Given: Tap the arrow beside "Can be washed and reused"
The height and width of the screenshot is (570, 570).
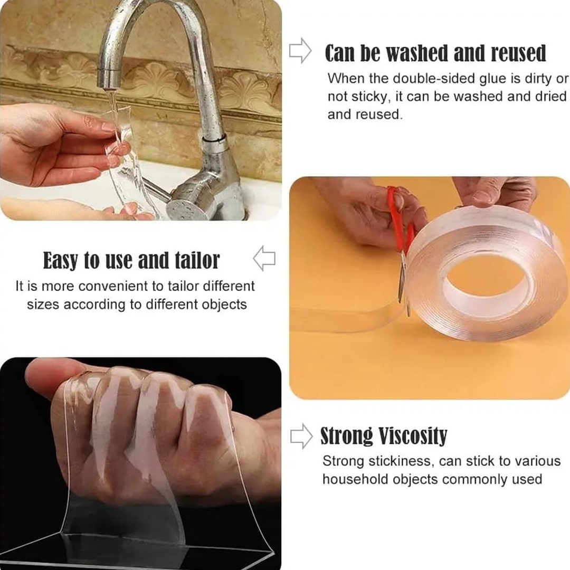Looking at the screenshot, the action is tap(300, 51).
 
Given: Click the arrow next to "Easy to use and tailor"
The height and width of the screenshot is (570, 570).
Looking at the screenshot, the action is tap(264, 259).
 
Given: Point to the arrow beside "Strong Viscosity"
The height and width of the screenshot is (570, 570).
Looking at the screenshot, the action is tap(301, 436).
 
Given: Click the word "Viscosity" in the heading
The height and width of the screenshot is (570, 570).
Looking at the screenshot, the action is tap(413, 436).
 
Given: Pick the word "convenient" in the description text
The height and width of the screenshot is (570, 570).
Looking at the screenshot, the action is tap(115, 287).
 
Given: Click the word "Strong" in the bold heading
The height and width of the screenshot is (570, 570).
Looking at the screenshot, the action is tap(347, 436).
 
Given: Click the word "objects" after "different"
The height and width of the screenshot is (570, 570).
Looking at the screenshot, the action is tap(224, 305).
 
